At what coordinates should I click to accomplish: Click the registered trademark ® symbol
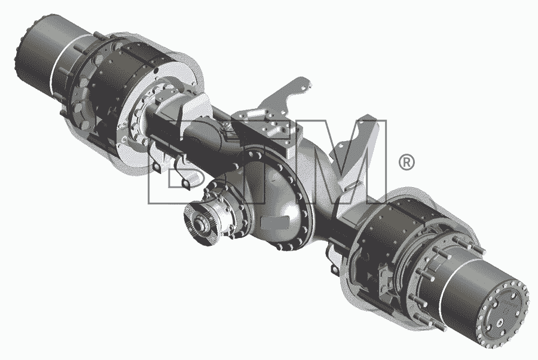[x=406, y=162]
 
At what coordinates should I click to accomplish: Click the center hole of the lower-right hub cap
[x=500, y=322]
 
